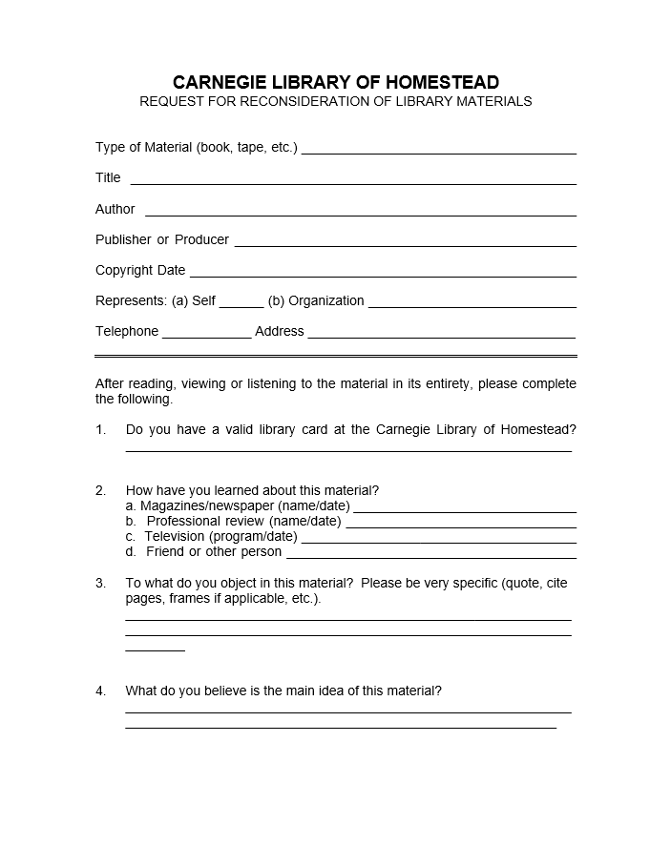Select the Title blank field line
point(353,182)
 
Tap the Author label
point(115,209)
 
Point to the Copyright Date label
point(140,270)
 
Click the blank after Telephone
point(207,336)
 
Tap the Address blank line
point(442,336)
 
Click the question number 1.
point(100,429)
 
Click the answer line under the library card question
point(348,449)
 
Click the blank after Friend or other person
point(431,556)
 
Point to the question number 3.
point(100,583)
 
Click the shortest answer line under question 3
point(155,650)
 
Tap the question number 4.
point(100,691)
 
